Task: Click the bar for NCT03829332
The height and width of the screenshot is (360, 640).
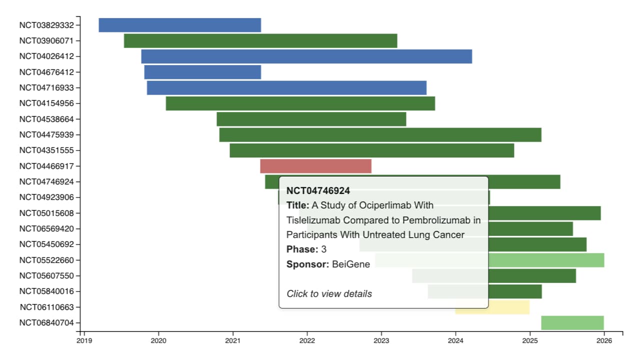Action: [x=179, y=25]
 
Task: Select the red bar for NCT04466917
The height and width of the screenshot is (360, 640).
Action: [x=315, y=166]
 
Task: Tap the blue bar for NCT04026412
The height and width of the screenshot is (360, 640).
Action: [x=306, y=56]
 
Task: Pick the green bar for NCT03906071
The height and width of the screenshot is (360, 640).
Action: [x=260, y=41]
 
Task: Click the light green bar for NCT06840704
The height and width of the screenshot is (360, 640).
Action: [x=572, y=323]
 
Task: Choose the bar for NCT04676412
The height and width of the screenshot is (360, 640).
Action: [x=202, y=72]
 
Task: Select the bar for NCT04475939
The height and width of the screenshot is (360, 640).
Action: [x=380, y=135]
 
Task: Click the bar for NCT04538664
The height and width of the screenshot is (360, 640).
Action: [x=311, y=119]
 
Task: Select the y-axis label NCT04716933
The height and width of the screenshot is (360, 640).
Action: [x=46, y=88]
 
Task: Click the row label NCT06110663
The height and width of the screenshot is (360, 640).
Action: [x=46, y=307]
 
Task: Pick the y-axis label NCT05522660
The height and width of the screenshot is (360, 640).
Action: [x=46, y=260]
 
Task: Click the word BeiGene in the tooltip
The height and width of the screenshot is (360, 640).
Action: [x=351, y=264]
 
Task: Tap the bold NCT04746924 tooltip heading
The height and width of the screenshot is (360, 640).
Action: [x=318, y=190]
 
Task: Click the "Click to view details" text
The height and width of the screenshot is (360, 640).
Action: [x=329, y=294]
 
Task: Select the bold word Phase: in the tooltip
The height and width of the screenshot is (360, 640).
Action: [x=302, y=249]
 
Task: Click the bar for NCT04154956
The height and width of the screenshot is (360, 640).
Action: [x=300, y=103]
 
